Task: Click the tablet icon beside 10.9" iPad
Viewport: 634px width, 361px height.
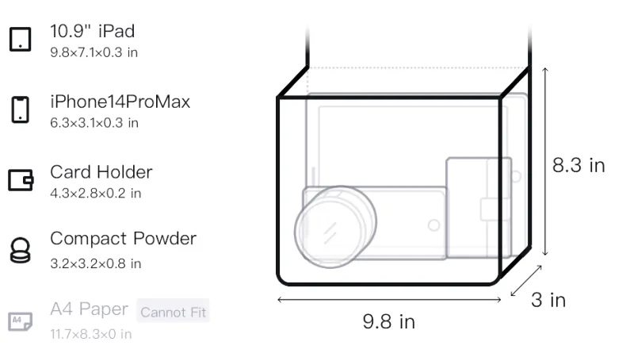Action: [x=21, y=39]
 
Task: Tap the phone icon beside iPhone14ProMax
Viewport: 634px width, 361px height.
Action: [x=21, y=109]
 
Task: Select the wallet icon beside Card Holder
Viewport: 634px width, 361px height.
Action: [x=21, y=179]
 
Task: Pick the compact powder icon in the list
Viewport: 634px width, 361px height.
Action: [x=21, y=251]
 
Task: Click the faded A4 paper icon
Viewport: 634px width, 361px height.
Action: [x=21, y=321]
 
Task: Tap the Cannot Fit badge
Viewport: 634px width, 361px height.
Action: [x=173, y=312]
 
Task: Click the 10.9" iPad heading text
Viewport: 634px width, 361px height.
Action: [x=92, y=31]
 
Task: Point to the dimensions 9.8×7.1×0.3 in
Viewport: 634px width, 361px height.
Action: [x=94, y=52]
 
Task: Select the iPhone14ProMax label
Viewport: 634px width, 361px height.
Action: [x=120, y=102]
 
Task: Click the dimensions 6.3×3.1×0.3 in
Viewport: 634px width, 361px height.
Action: [x=94, y=123]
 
